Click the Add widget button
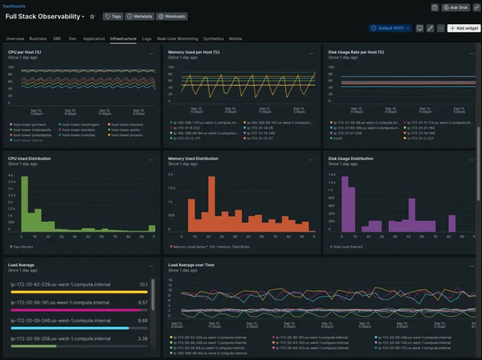click(464, 27)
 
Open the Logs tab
click(146, 38)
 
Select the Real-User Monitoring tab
click(177, 38)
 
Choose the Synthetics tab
click(213, 38)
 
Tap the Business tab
click(38, 38)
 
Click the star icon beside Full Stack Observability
click(92, 16)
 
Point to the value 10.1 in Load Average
click(143, 284)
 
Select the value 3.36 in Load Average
click(143, 338)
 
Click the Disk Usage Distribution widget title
click(351, 158)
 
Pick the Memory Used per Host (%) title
click(194, 52)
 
